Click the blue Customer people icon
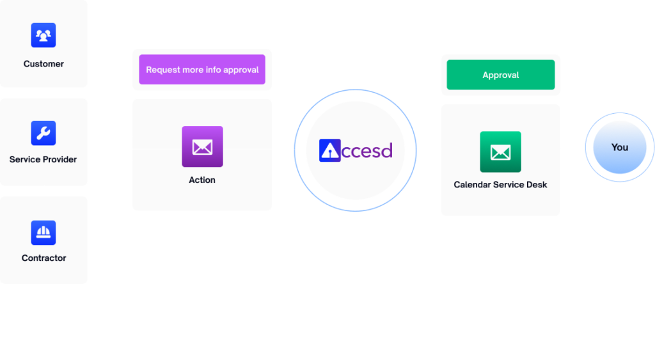click(43, 35)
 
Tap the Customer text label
click(43, 64)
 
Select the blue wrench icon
click(43, 133)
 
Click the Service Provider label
click(43, 159)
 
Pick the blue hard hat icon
click(43, 233)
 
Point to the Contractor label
click(44, 258)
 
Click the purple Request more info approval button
click(202, 69)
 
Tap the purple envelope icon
click(203, 146)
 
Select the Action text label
click(202, 180)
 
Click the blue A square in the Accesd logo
click(330, 150)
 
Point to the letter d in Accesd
click(386, 150)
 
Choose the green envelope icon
click(500, 152)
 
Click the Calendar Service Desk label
click(500, 185)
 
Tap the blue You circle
click(620, 147)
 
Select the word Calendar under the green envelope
click(472, 185)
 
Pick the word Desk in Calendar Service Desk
click(537, 185)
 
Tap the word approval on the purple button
click(241, 70)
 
